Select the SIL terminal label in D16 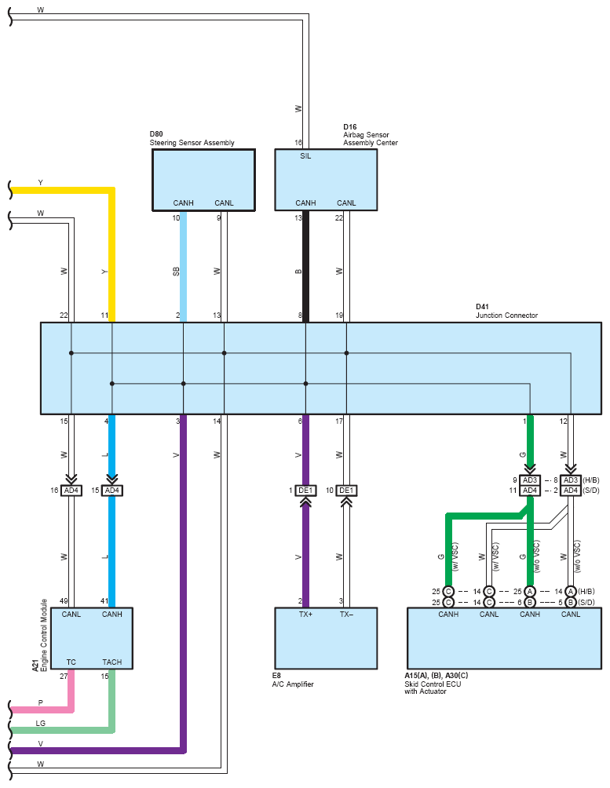305,156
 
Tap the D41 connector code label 482,307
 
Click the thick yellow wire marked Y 112,191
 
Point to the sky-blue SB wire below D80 184,266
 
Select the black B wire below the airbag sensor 305,266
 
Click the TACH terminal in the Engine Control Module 112,662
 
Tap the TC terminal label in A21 71,662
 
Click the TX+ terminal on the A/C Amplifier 305,614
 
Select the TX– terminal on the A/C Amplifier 346,614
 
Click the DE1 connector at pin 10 346,491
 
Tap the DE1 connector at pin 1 305,491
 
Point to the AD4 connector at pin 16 71,491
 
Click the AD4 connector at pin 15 112,491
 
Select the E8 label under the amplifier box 276,676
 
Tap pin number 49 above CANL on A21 64,601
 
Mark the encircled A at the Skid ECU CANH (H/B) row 530,592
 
